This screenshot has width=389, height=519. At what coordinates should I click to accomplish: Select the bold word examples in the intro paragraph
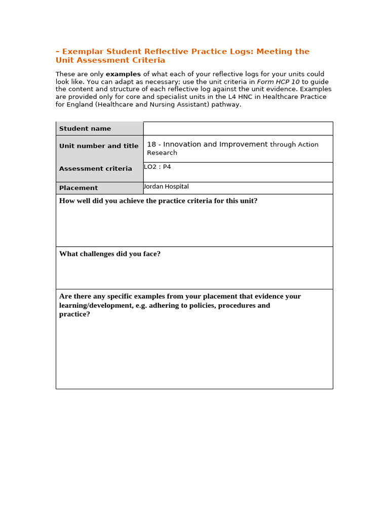(x=123, y=74)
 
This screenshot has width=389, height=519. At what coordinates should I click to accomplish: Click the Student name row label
(x=85, y=129)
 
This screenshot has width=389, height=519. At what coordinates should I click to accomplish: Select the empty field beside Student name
(x=238, y=129)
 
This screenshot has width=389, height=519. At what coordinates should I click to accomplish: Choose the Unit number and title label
(x=99, y=146)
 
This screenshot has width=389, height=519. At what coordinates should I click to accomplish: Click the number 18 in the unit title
(x=151, y=144)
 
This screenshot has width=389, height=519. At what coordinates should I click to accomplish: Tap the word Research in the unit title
(x=162, y=153)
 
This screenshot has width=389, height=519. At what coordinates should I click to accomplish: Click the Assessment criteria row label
(x=96, y=169)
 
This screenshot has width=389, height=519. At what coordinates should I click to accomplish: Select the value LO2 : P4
(x=158, y=166)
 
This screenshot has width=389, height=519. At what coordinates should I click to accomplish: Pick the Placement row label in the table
(x=79, y=188)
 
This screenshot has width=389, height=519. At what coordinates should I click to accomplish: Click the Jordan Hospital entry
(x=166, y=187)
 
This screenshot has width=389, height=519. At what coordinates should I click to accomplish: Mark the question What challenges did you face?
(x=110, y=254)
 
